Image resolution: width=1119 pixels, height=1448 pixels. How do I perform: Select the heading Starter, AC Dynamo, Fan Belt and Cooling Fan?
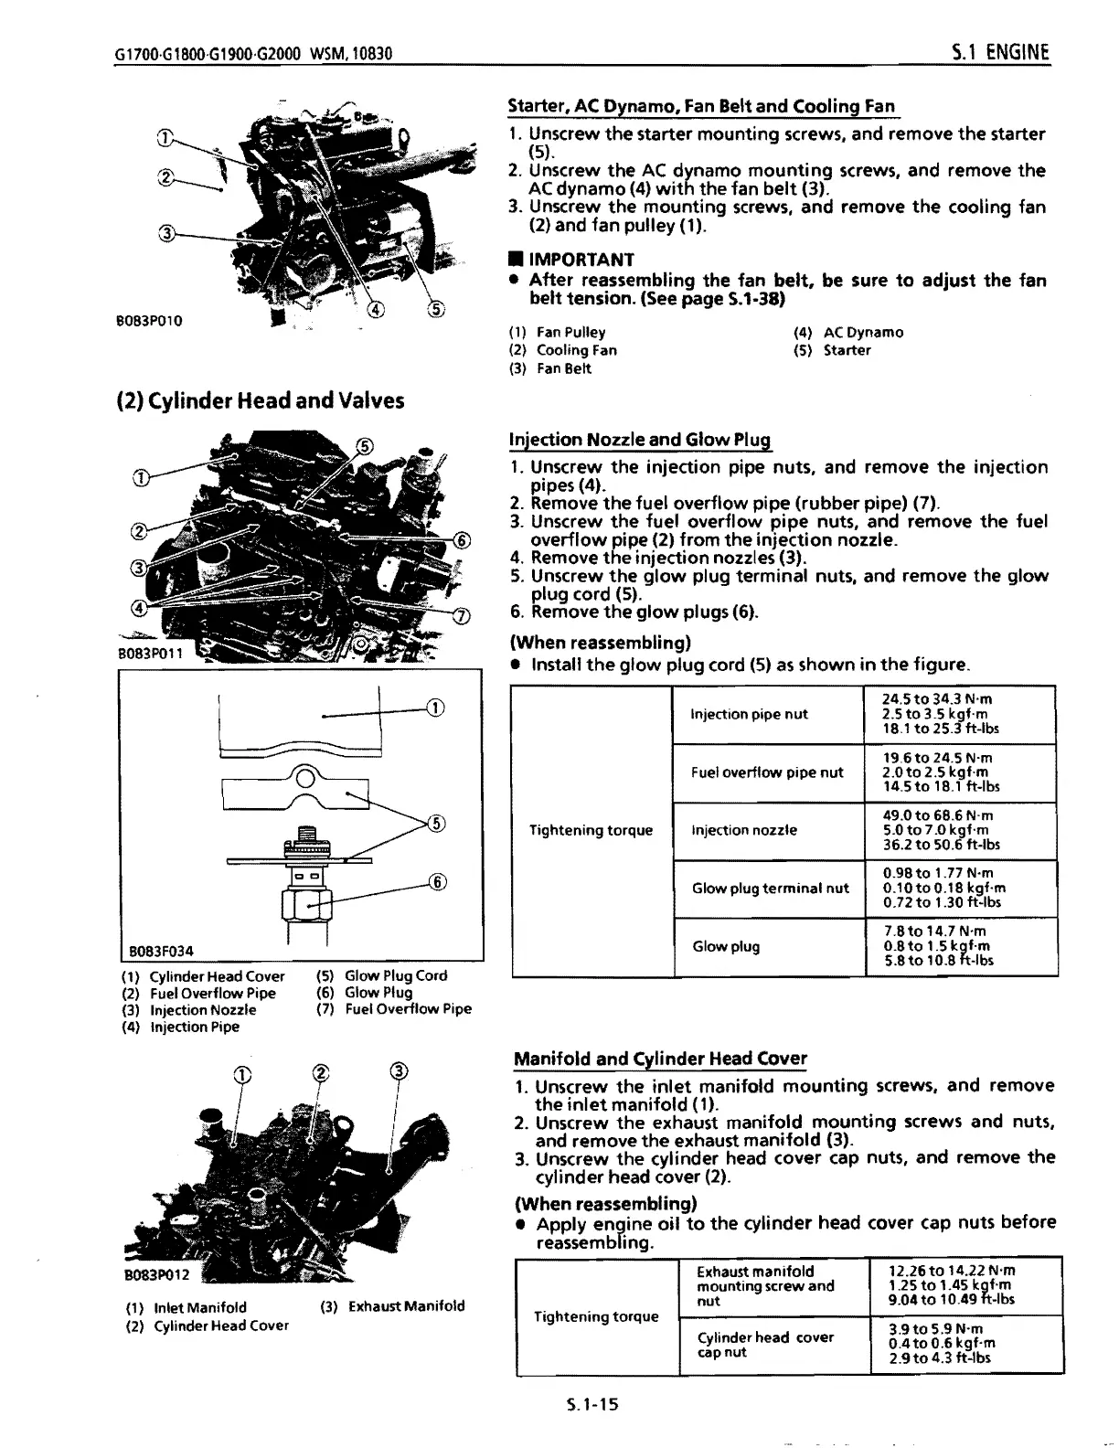point(701,105)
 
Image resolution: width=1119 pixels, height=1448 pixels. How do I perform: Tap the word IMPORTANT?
point(581,260)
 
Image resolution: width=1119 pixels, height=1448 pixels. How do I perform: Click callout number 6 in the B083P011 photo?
point(463,540)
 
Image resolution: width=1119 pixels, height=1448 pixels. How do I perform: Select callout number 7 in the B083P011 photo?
point(463,614)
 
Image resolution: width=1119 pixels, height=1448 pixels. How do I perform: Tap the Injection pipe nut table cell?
point(749,714)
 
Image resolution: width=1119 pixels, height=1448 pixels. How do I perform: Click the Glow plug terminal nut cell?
point(770,888)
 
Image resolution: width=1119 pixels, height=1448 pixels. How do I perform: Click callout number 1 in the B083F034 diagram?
point(435,708)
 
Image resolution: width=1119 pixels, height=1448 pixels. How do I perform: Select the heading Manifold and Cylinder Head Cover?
point(660,1059)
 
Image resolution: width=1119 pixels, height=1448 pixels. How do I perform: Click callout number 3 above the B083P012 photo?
point(398,1071)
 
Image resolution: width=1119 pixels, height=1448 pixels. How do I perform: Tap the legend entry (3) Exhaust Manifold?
point(393,1306)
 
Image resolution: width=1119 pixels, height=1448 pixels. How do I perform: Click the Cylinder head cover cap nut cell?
point(764,1344)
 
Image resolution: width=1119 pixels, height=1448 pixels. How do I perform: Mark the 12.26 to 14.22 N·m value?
point(952,1271)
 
